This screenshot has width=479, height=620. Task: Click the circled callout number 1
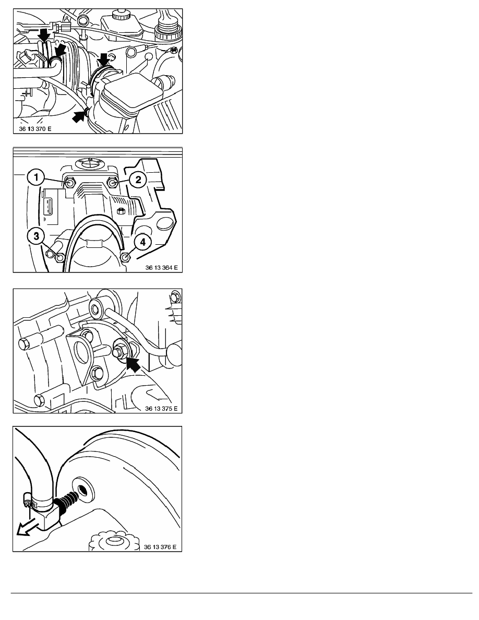click(36, 177)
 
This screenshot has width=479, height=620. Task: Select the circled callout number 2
click(138, 180)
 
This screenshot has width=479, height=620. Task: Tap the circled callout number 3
click(37, 236)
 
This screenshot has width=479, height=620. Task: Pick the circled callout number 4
click(142, 242)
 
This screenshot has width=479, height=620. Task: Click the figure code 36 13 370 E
click(35, 129)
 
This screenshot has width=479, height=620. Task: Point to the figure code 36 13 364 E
click(161, 268)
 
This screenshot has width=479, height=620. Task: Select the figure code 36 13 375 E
click(161, 409)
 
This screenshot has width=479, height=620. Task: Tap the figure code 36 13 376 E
click(160, 547)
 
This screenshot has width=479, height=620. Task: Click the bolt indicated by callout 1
click(70, 183)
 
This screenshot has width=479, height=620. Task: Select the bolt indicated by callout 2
click(112, 183)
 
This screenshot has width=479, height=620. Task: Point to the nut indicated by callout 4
click(126, 257)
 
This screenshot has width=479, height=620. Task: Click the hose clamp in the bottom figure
click(38, 502)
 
